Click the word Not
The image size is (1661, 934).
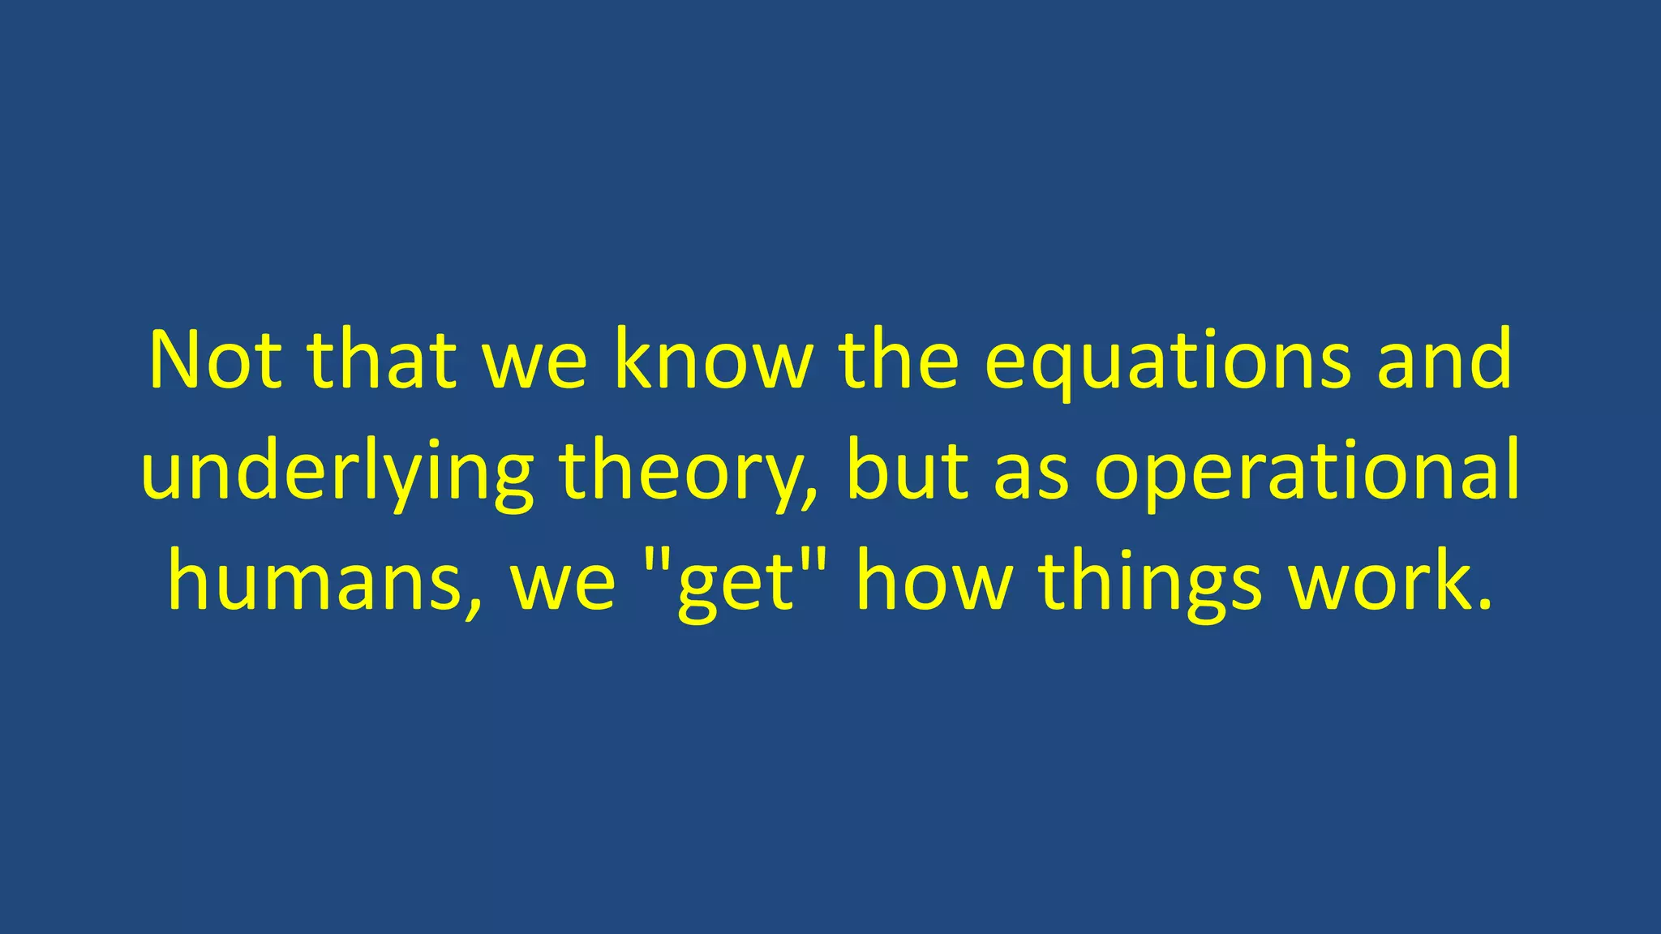tap(216, 360)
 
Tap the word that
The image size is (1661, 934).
tap(381, 360)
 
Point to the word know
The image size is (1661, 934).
tap(713, 360)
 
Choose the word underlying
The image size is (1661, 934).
tap(337, 474)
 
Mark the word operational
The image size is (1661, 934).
tap(1306, 474)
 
